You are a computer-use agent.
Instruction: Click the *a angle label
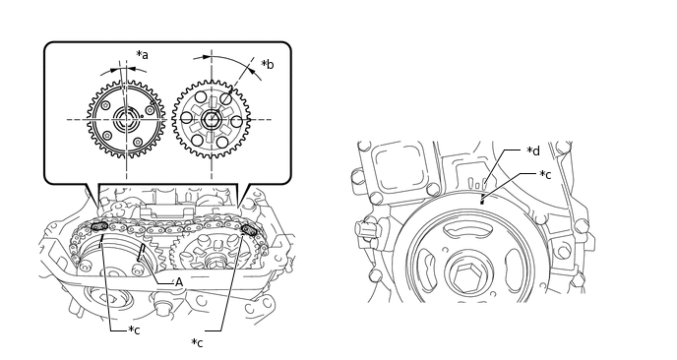142,55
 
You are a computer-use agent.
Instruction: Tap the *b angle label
268,64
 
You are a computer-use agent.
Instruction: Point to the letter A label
179,282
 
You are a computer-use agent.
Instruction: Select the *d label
533,150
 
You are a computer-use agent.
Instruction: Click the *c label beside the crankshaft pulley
545,174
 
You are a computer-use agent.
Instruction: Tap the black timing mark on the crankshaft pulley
482,201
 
